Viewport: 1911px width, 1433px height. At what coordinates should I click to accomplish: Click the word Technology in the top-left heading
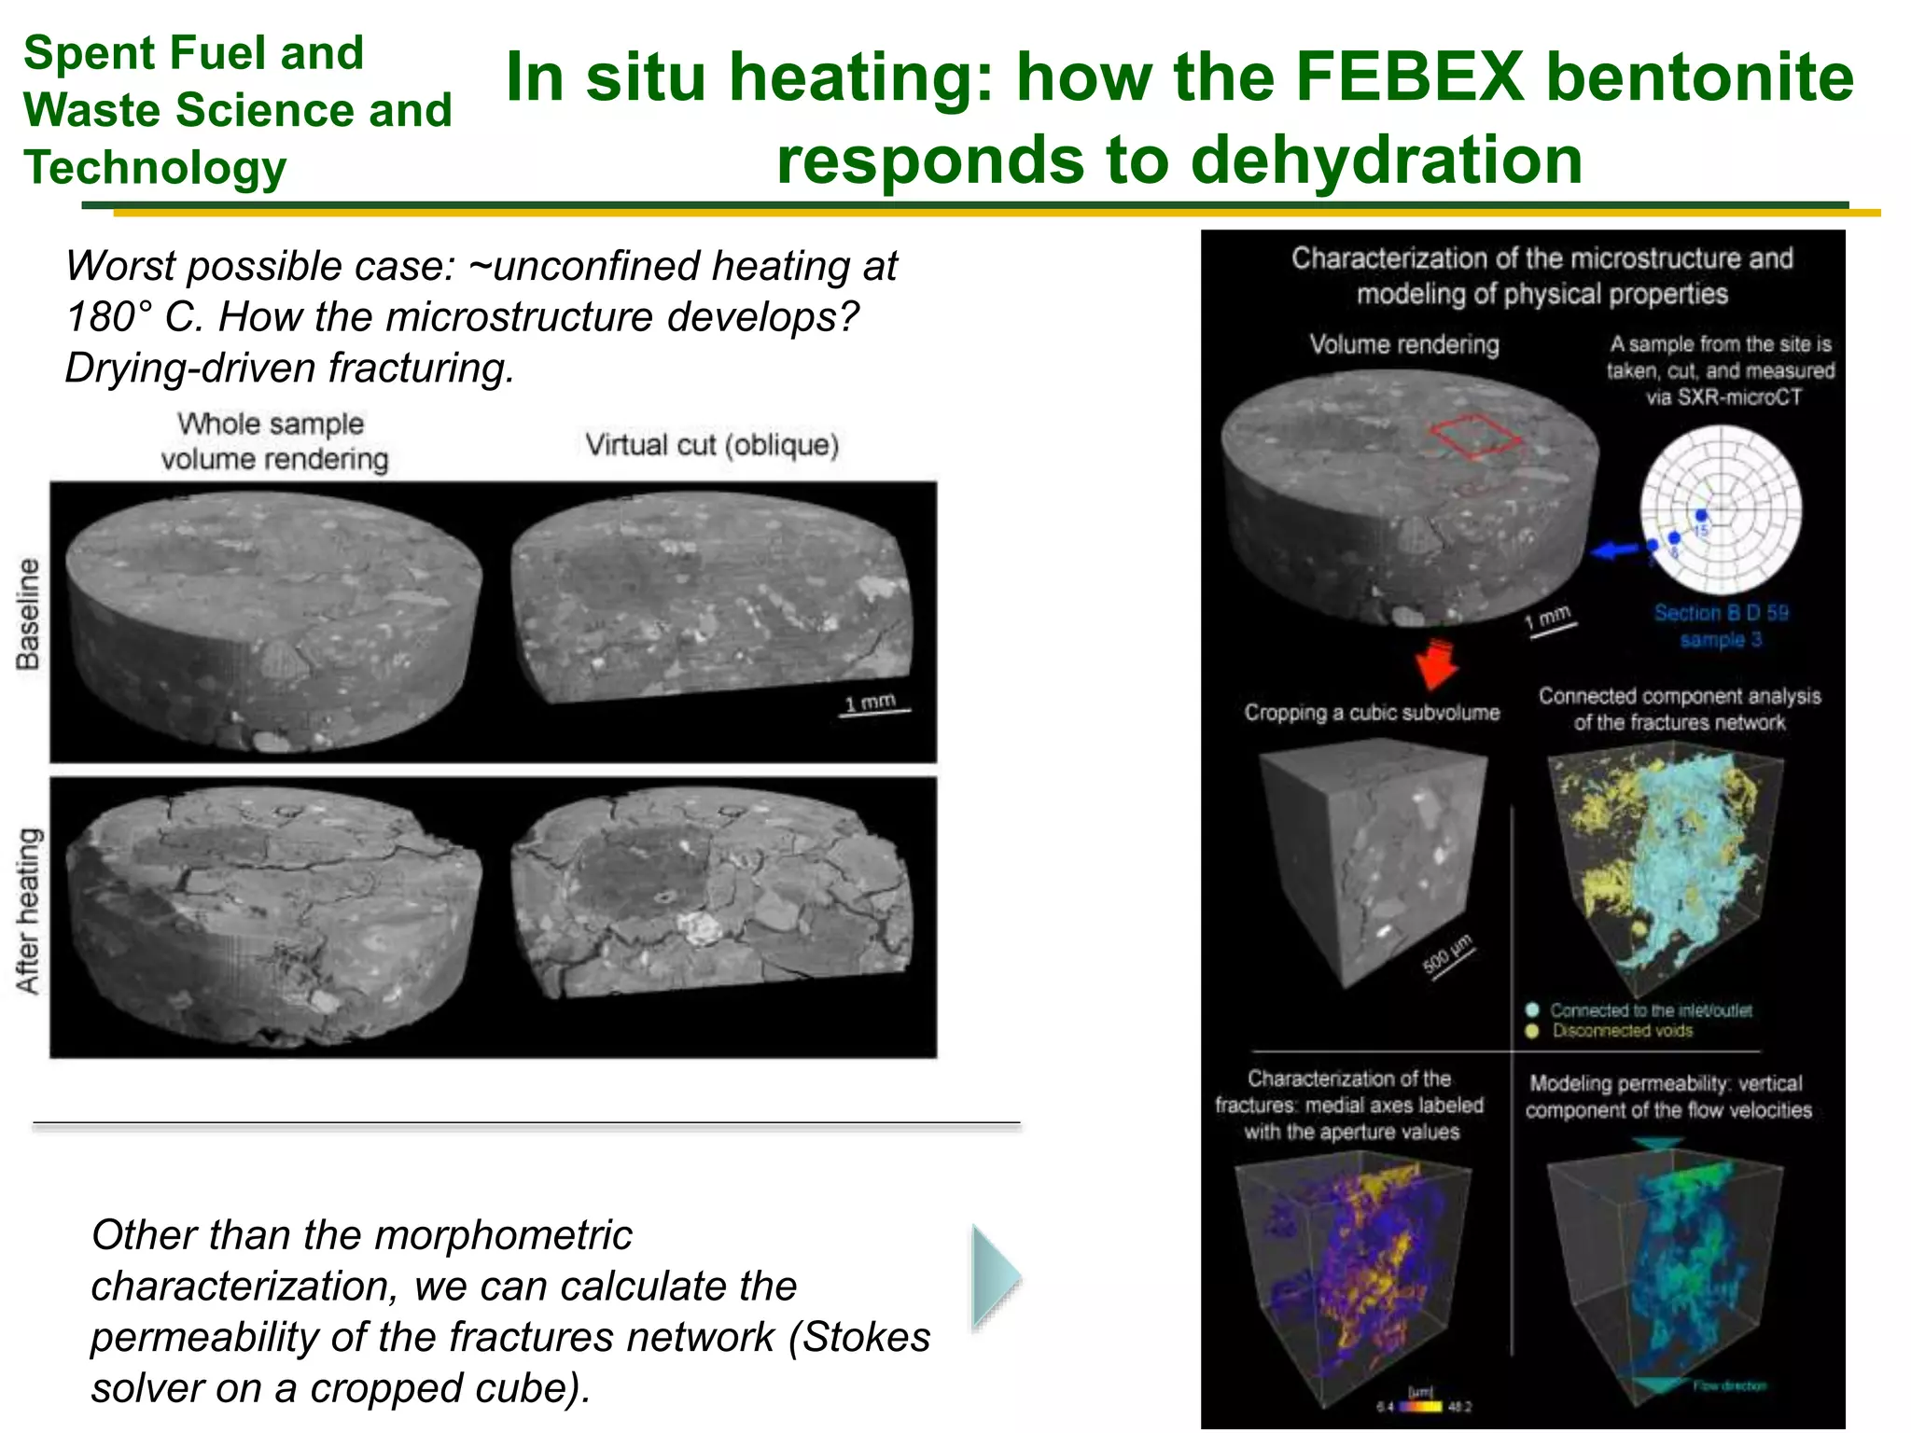(x=155, y=168)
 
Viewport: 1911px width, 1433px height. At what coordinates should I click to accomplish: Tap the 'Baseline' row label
(x=28, y=614)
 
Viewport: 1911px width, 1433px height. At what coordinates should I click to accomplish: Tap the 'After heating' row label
(x=28, y=911)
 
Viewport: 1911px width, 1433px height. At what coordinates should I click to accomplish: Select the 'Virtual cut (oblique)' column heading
(x=712, y=445)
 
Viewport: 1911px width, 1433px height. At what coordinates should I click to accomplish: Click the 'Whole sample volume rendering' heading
(x=272, y=441)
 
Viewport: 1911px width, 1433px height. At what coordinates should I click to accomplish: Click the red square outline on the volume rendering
(x=1474, y=437)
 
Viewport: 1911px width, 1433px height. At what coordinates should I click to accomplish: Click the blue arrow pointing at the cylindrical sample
(x=1614, y=550)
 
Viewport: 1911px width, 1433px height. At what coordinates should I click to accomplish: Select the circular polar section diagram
(x=1721, y=509)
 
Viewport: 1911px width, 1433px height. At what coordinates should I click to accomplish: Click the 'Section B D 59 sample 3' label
(x=1721, y=626)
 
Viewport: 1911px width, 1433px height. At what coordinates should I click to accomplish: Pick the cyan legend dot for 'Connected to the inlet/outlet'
(x=1532, y=1009)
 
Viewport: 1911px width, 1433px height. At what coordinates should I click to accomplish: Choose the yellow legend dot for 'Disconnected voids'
(x=1532, y=1031)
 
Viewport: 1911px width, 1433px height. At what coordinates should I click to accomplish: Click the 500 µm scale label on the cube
(x=1446, y=954)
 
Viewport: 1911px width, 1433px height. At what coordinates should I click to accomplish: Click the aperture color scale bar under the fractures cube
(x=1422, y=1406)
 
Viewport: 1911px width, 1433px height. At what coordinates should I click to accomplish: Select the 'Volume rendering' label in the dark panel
(x=1404, y=344)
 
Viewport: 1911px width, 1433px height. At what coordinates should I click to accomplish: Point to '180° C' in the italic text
(x=133, y=317)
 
